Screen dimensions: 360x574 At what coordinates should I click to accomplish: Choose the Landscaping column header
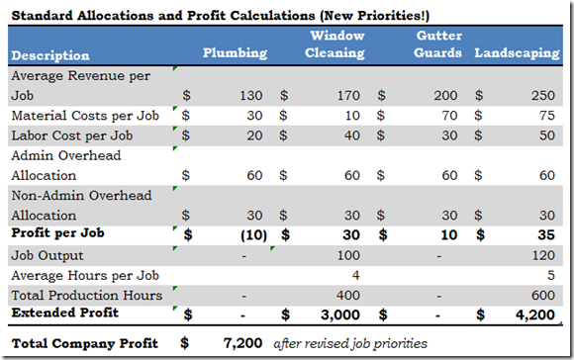pyautogui.click(x=517, y=53)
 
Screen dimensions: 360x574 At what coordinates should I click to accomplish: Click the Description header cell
pyautogui.click(x=48, y=54)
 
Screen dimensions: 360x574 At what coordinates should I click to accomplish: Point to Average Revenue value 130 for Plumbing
pyautogui.click(x=251, y=97)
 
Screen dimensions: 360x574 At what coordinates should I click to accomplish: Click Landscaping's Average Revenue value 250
pyautogui.click(x=543, y=97)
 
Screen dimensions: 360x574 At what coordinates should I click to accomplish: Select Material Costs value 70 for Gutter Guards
pyautogui.click(x=447, y=116)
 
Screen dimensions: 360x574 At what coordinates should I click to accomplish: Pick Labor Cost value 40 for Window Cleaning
pyautogui.click(x=349, y=135)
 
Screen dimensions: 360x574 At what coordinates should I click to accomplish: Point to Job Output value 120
pyautogui.click(x=543, y=254)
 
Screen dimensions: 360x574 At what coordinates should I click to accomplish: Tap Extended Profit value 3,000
pyautogui.click(x=342, y=314)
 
